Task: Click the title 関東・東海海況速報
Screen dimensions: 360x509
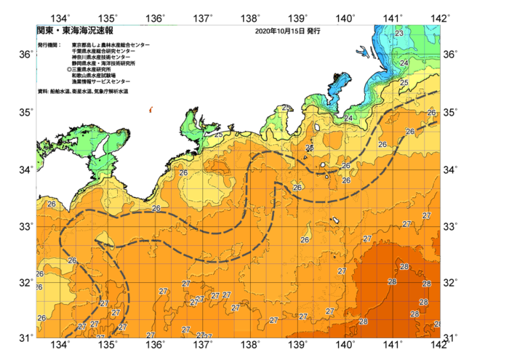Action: coord(75,31)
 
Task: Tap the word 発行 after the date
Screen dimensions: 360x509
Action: coord(313,32)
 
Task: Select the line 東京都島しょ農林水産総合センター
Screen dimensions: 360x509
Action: coord(111,45)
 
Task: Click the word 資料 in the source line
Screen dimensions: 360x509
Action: coord(42,92)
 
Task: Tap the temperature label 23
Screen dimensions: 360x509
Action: coord(398,33)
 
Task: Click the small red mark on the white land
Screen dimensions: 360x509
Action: coord(151,110)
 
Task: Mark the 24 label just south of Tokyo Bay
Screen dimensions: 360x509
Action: coord(348,119)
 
